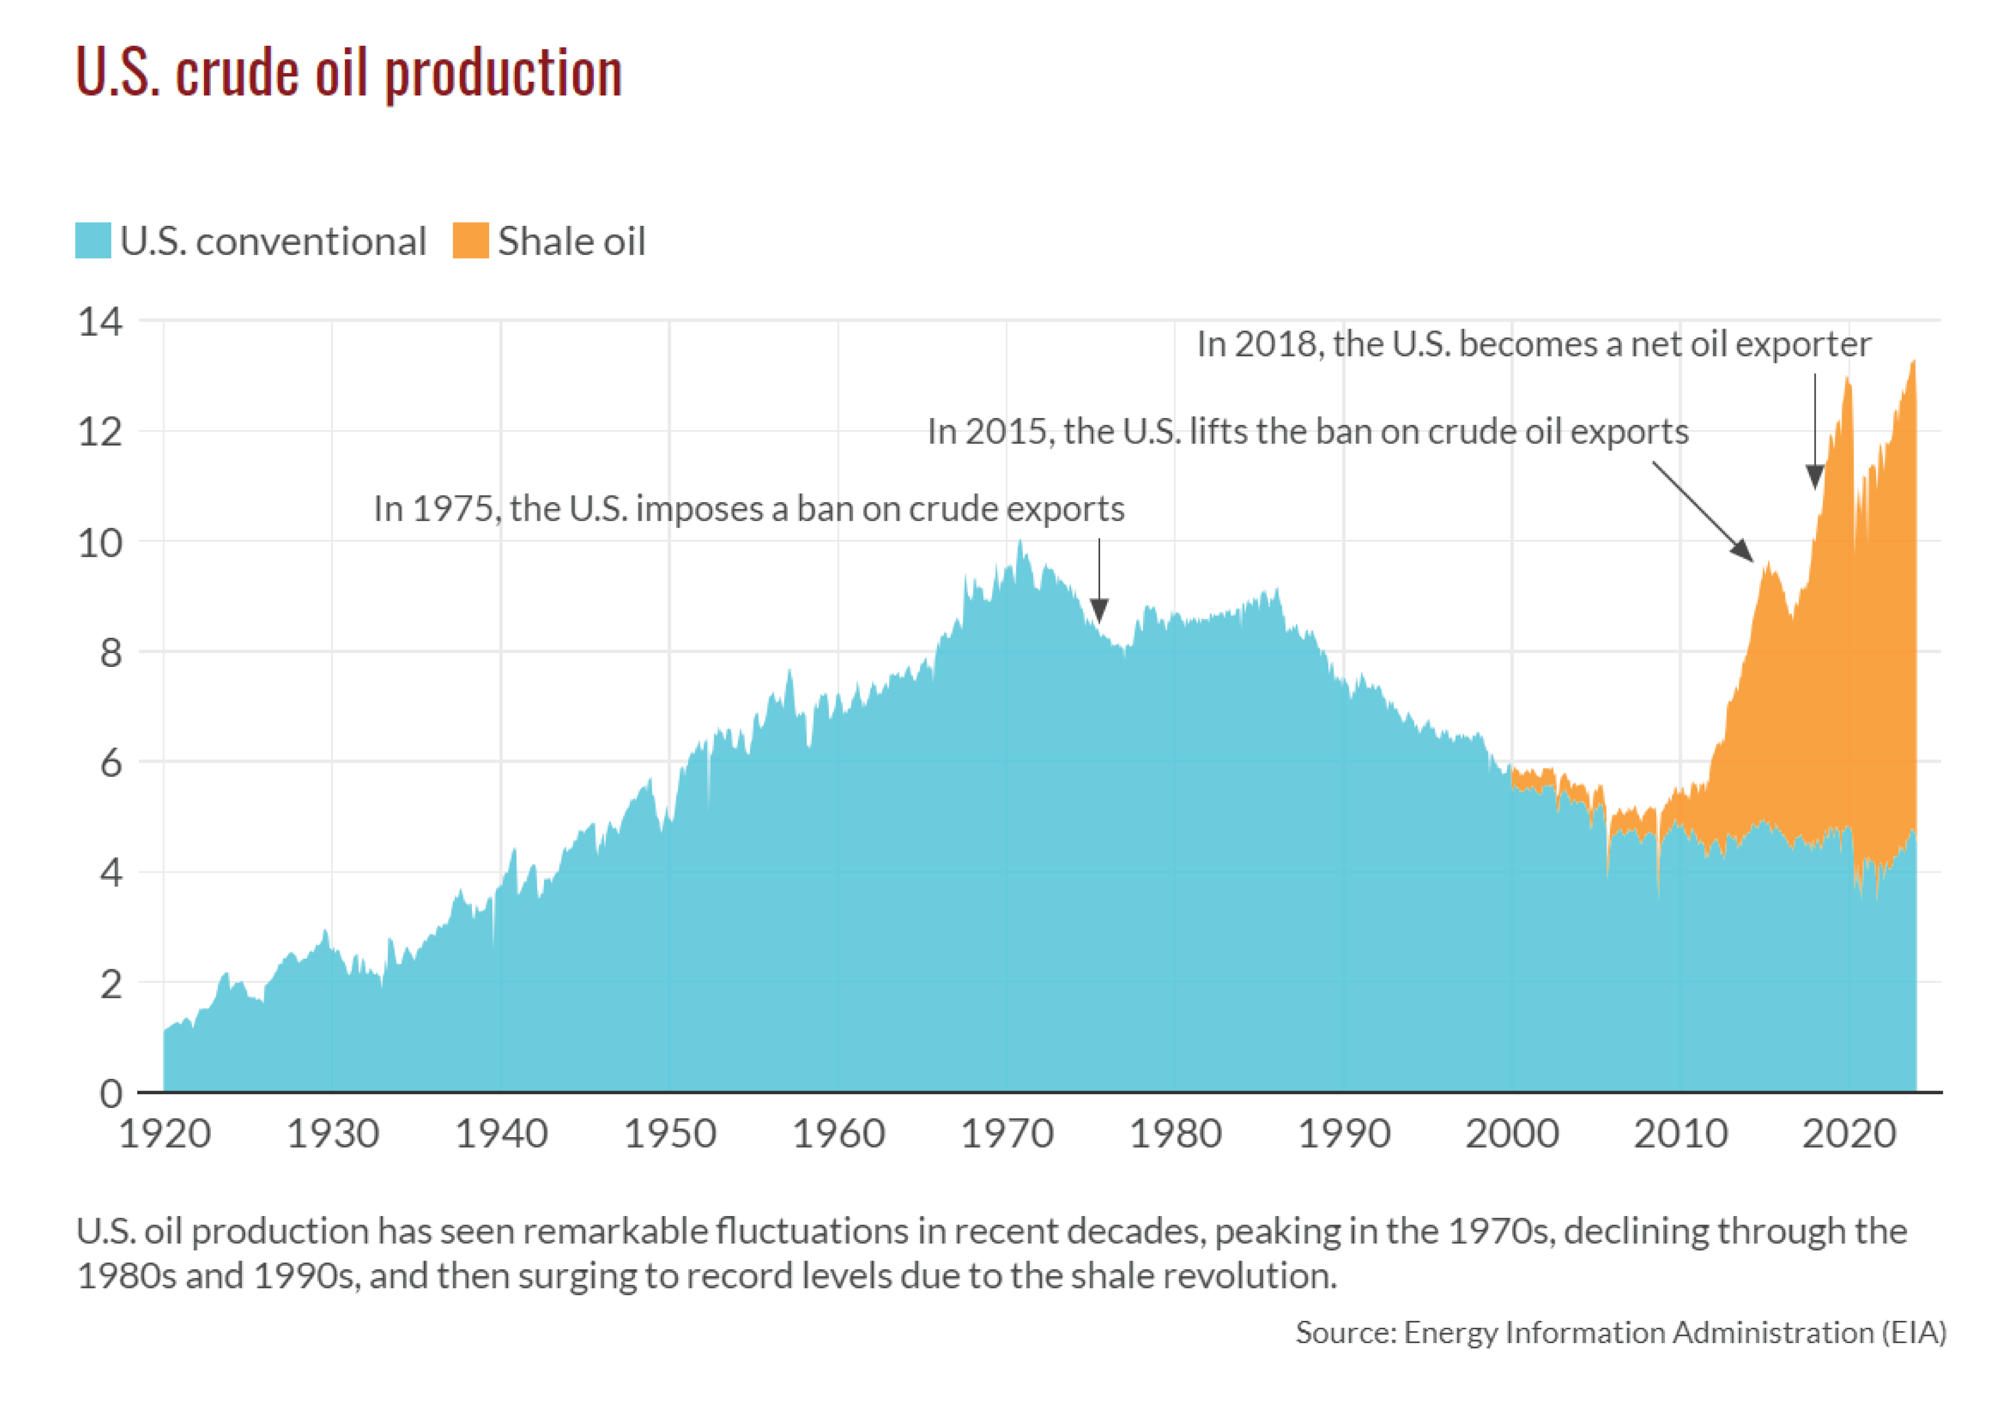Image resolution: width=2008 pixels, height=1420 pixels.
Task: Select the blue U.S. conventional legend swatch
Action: click(x=93, y=240)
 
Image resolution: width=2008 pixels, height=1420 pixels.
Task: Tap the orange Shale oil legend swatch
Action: click(x=470, y=240)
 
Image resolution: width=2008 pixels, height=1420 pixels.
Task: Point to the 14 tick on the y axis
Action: click(x=100, y=322)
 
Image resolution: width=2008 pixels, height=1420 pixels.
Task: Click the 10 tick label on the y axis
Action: click(x=100, y=543)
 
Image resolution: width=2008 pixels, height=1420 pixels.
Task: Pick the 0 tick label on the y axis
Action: click(x=111, y=1093)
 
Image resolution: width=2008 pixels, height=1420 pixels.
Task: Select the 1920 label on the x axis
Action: click(x=164, y=1134)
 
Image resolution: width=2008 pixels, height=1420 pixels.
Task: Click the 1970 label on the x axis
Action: click(x=1007, y=1134)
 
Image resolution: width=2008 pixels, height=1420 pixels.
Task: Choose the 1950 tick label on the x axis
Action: click(x=670, y=1134)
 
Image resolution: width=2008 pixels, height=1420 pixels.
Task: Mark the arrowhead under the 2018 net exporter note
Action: click(x=1815, y=477)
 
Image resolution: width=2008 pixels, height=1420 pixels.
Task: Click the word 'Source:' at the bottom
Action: click(x=1345, y=1333)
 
